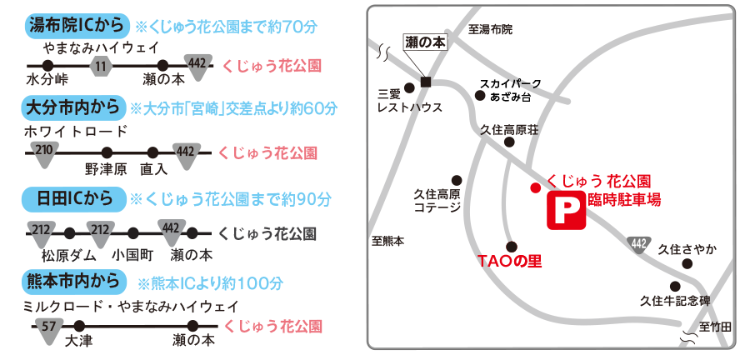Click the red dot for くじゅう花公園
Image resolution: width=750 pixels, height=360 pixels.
[x=535, y=187]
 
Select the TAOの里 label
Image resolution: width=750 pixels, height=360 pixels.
[x=509, y=262]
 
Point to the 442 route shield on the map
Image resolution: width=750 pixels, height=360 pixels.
[x=639, y=243]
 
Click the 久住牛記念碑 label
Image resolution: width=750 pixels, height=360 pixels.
[x=675, y=301]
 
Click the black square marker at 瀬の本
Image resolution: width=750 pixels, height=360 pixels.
[x=426, y=82]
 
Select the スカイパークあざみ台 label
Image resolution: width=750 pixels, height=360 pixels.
[x=510, y=90]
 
